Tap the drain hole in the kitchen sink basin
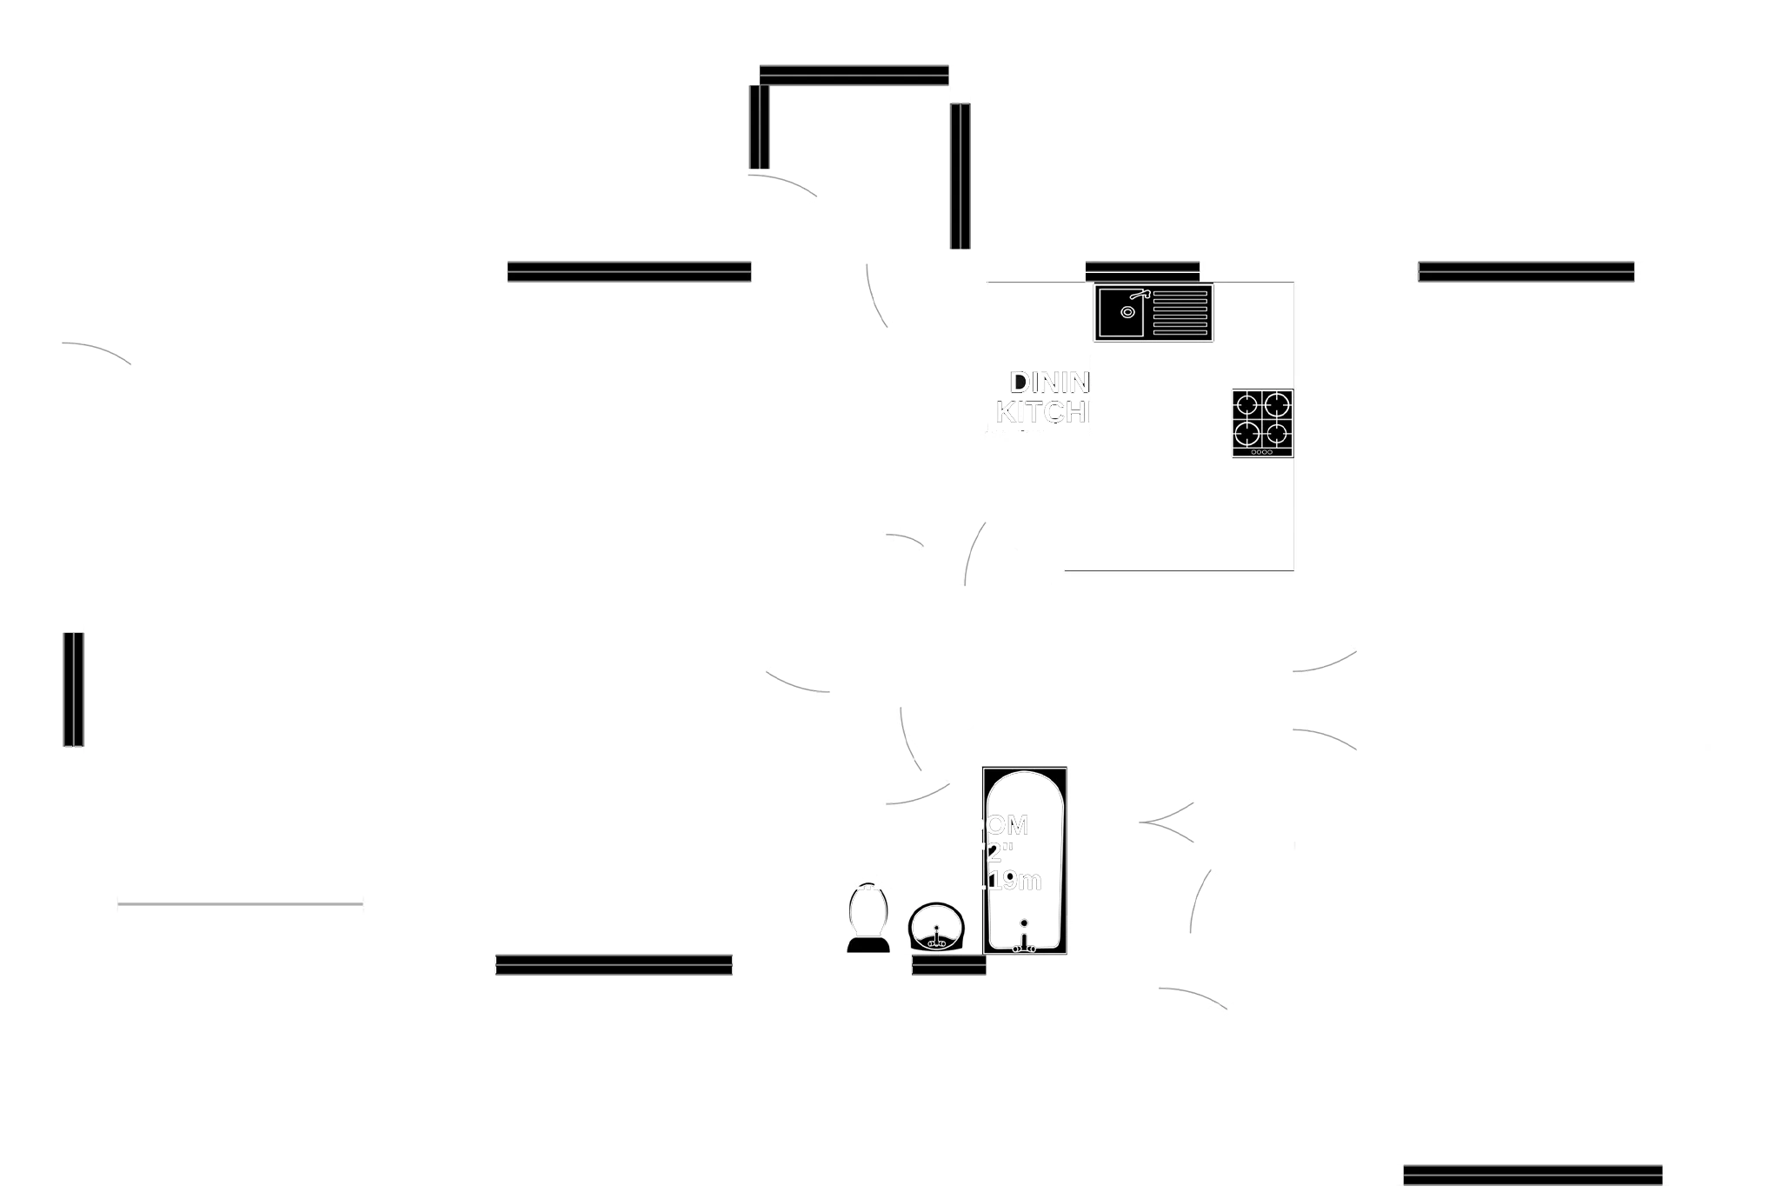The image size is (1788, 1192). click(x=1127, y=312)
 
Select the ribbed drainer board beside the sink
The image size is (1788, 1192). click(x=1180, y=313)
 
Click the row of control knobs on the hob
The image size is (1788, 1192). click(x=1261, y=452)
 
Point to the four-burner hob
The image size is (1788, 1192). click(x=1262, y=420)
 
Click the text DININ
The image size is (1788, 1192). click(x=1048, y=382)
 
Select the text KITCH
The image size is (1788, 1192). click(x=1041, y=411)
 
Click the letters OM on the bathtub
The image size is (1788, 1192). click(x=1008, y=824)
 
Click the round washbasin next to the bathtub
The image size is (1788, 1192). click(x=936, y=927)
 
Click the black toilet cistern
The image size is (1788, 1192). click(x=868, y=945)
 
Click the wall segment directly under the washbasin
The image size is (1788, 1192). click(x=948, y=967)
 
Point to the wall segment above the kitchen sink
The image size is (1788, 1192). click(x=1142, y=270)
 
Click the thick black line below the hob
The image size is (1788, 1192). click(x=1178, y=567)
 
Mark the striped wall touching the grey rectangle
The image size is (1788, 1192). click(x=959, y=176)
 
